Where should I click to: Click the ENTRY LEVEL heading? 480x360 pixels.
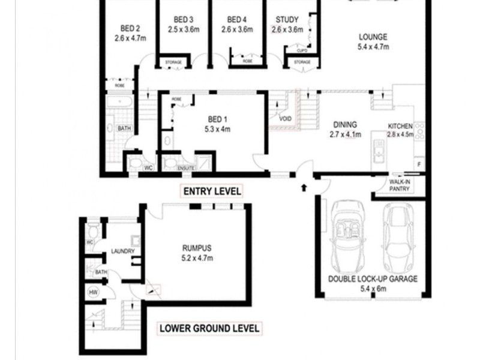(x=212, y=191)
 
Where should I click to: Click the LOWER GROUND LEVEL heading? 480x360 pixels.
(x=209, y=328)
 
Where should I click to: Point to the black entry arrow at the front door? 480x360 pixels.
(x=304, y=187)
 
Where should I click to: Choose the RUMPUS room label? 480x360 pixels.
(x=197, y=247)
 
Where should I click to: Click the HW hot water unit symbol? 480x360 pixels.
(x=93, y=292)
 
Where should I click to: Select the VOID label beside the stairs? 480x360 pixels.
(x=286, y=119)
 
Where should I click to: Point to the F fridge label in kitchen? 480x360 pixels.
(x=419, y=164)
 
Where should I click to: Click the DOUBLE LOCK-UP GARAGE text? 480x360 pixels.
(x=373, y=279)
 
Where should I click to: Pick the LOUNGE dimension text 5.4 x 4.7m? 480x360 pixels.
(x=373, y=46)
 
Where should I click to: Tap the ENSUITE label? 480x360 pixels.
(x=185, y=168)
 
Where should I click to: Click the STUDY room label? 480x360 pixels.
(x=287, y=19)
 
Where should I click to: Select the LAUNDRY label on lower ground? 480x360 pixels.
(x=122, y=251)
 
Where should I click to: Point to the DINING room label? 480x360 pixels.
(x=345, y=125)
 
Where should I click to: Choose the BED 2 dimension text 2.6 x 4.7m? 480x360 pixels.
(x=130, y=38)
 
